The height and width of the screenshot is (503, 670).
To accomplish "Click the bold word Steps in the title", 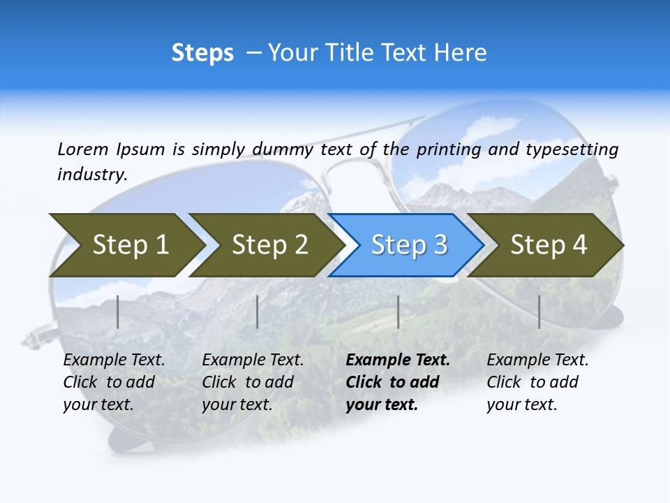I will (202, 53).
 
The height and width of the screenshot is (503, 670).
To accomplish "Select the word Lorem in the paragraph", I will (83, 149).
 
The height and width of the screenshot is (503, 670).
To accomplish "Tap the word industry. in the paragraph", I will (92, 175).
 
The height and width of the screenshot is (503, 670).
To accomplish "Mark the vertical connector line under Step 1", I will (118, 312).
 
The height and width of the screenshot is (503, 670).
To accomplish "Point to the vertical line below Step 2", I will (258, 312).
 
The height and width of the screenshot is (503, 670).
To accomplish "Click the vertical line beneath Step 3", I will (398, 312).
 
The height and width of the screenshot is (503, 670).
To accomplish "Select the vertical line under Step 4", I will (539, 312).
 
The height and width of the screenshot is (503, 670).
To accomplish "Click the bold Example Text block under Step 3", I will (397, 382).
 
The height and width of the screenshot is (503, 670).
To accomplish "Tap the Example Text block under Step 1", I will (114, 382).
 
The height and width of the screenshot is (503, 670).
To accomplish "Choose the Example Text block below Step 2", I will (253, 382).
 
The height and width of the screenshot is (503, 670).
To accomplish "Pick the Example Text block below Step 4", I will (537, 382).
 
